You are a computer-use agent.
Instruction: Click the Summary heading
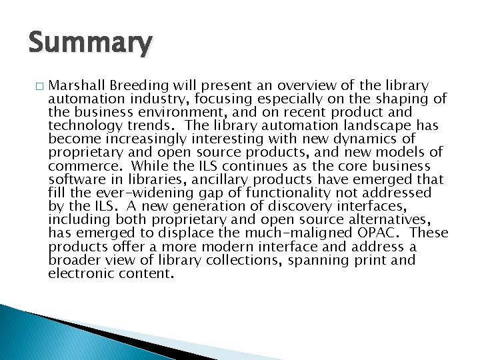pos(90,44)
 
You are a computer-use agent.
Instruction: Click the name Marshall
pos(77,86)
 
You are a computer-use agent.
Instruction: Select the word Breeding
pos(139,86)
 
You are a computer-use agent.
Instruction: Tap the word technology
pos(82,126)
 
